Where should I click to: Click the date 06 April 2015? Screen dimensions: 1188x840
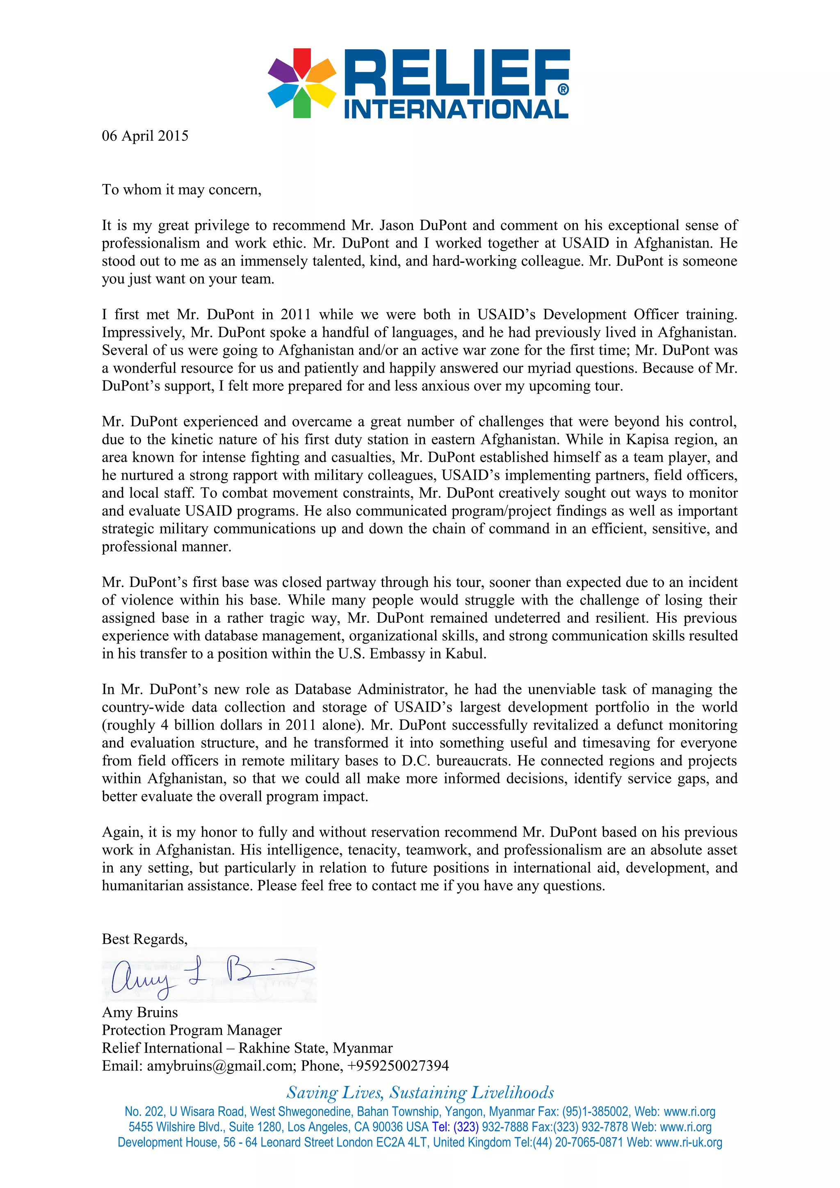[x=145, y=136]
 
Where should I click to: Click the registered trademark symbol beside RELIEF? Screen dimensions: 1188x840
[x=563, y=89]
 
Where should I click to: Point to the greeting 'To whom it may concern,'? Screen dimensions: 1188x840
[x=182, y=190]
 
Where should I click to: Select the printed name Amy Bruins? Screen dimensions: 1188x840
[x=140, y=1012]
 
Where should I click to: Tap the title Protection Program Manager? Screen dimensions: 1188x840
[x=192, y=1030]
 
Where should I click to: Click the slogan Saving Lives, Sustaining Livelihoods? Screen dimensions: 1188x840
[x=420, y=1092]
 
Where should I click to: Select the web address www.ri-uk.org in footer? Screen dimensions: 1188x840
[x=688, y=1142]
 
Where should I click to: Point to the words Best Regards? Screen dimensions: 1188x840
[x=144, y=939]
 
